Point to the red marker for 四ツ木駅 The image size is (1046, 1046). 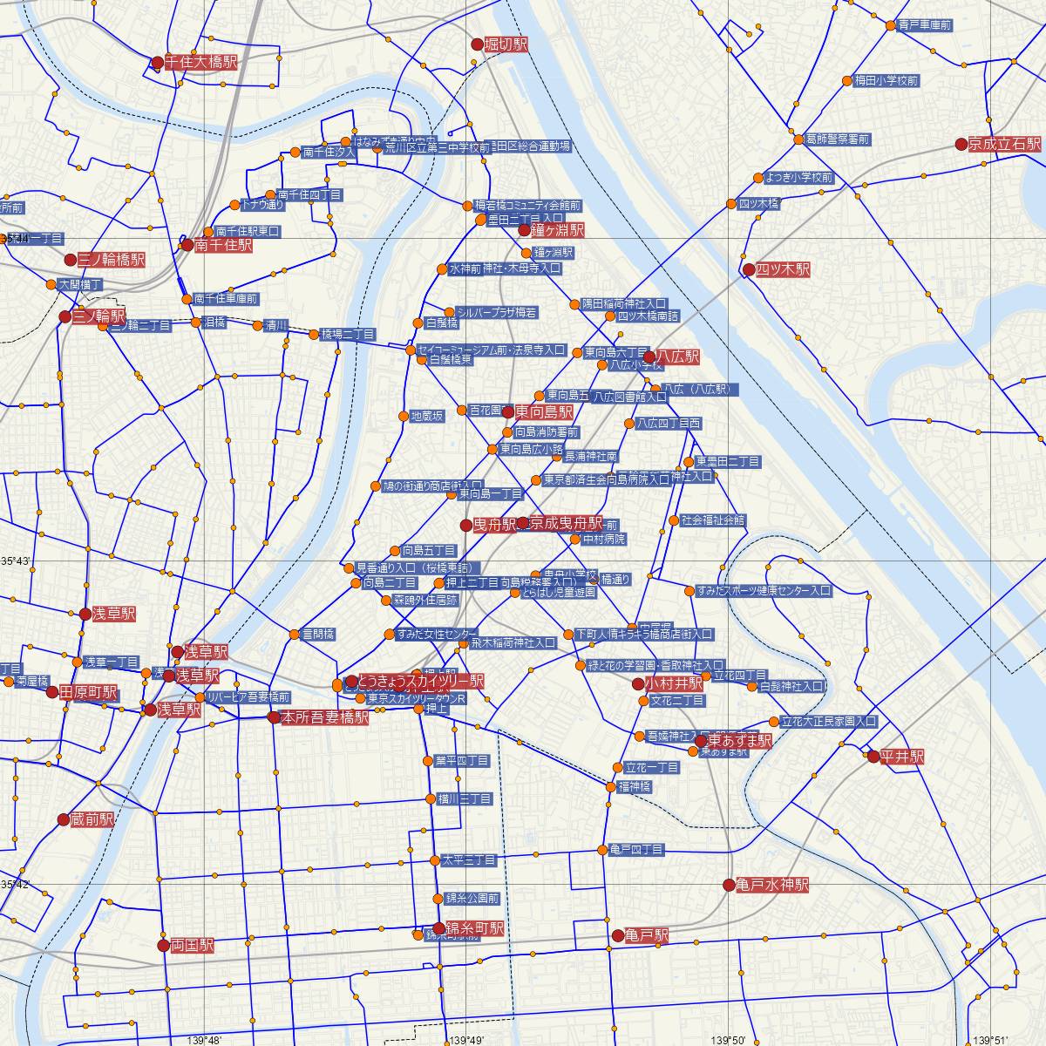(x=749, y=270)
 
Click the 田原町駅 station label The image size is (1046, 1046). (x=88, y=693)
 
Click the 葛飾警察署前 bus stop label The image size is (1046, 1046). (x=838, y=139)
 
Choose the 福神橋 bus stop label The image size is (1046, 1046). (x=634, y=786)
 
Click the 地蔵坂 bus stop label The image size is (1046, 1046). (x=427, y=417)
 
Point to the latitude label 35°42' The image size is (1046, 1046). (x=16, y=885)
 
